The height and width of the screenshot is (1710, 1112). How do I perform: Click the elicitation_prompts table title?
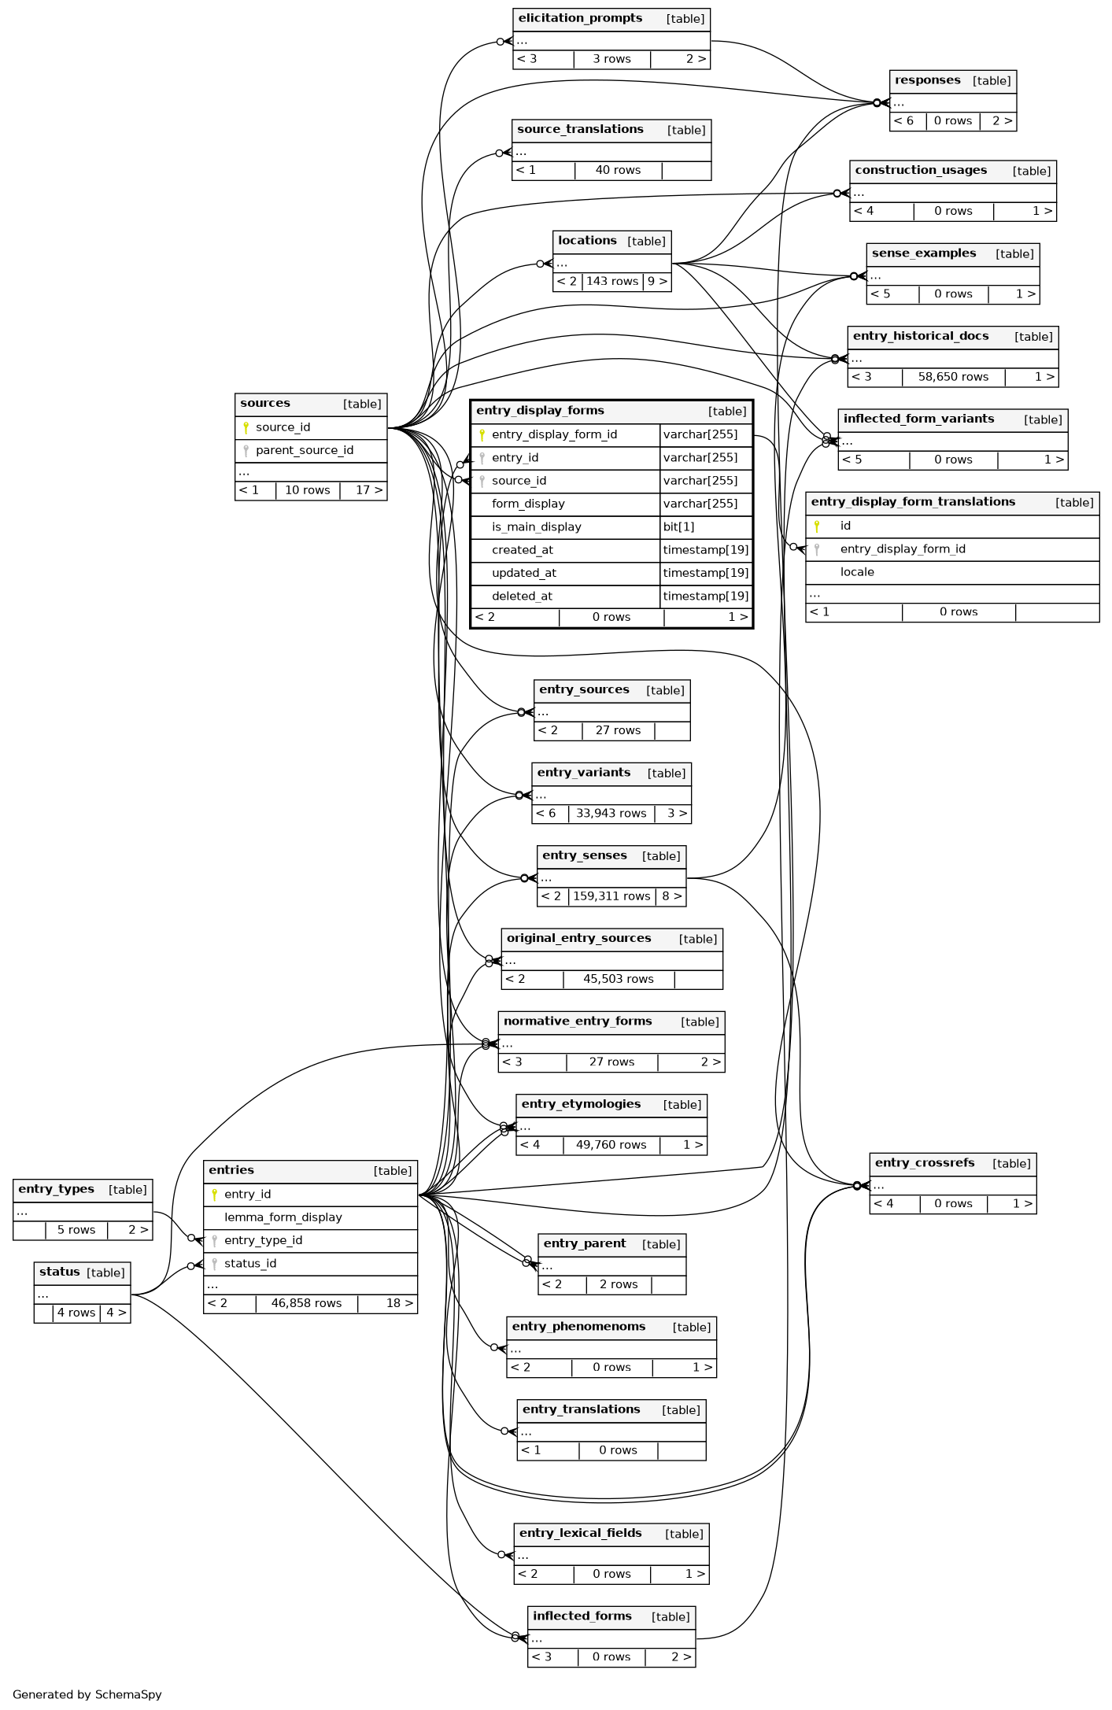tap(580, 18)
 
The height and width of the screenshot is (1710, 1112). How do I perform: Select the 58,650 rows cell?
tap(953, 377)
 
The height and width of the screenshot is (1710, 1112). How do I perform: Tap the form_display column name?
tap(528, 504)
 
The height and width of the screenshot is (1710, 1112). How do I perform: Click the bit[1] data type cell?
tap(678, 527)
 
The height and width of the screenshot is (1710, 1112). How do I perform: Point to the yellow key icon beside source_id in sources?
tap(246, 427)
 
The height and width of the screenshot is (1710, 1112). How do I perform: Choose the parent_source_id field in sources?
tap(304, 450)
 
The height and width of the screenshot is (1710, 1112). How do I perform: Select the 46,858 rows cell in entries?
tap(306, 1303)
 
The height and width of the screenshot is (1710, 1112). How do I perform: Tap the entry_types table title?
tap(56, 1189)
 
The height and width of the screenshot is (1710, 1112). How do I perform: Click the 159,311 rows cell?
tap(611, 896)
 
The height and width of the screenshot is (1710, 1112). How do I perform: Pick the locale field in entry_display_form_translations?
tap(857, 572)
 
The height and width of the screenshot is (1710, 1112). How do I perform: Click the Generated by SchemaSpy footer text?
tap(87, 1694)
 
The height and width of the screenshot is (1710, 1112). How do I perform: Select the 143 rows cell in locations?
tap(612, 282)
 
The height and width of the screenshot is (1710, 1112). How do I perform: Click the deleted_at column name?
tap(522, 596)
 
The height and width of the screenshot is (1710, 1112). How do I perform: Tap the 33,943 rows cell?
tap(611, 814)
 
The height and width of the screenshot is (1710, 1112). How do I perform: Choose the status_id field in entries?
tap(250, 1264)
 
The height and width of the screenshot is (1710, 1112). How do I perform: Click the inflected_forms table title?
tap(582, 1616)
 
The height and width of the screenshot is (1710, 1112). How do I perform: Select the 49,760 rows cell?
tap(611, 1145)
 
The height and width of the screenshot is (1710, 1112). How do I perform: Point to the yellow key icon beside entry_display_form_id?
tap(482, 434)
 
